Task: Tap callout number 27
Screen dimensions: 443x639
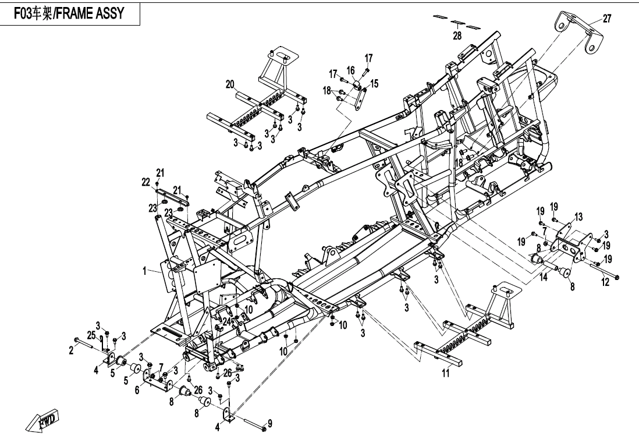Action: (607, 19)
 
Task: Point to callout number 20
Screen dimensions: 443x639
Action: (231, 85)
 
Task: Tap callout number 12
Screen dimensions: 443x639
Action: (605, 282)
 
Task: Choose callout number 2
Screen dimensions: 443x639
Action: (72, 349)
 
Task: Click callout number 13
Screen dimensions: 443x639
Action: (578, 217)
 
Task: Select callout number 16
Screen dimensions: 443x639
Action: (351, 70)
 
